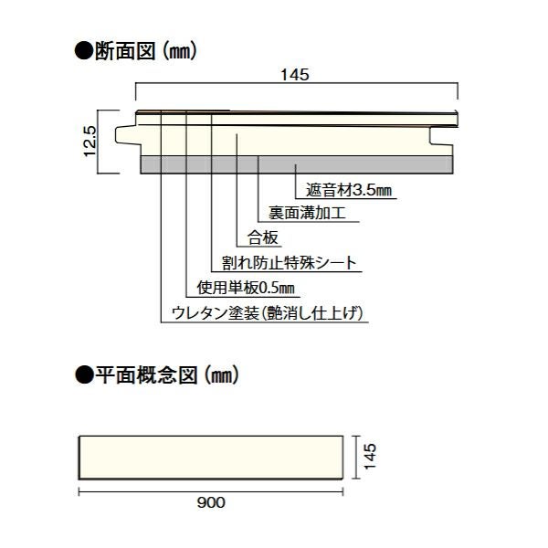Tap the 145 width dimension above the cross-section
tap(297, 76)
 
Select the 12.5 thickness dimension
tap(89, 142)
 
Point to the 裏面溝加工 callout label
tap(306, 216)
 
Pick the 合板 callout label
tap(263, 239)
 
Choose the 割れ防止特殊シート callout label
tap(289, 264)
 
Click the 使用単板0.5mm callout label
tap(240, 289)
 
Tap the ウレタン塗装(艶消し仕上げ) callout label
tap(269, 313)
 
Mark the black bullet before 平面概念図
tap(80, 374)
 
